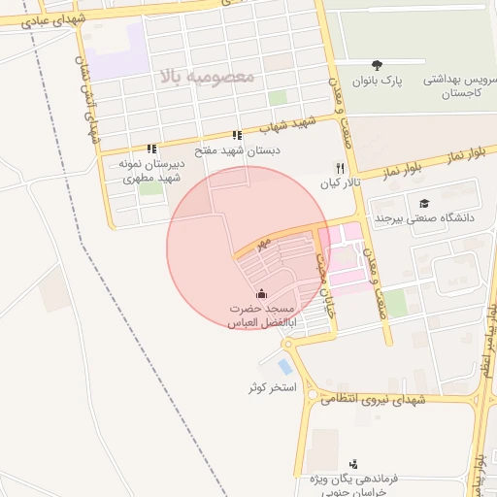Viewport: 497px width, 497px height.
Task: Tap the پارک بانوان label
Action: [x=377, y=80]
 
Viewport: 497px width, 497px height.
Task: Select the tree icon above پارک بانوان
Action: [x=377, y=64]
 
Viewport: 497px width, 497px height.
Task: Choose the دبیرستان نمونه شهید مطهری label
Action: [x=150, y=171]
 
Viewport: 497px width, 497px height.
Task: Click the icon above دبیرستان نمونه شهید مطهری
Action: [x=150, y=149]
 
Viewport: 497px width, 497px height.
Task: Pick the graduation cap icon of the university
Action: [x=424, y=203]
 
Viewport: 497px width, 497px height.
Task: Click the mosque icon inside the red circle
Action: [x=260, y=293]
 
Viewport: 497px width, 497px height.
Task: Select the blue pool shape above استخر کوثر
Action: [x=283, y=367]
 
